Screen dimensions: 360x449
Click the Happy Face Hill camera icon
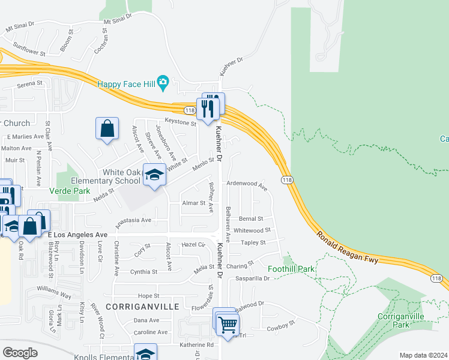click(x=163, y=82)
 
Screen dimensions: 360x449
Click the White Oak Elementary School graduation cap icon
click(x=154, y=175)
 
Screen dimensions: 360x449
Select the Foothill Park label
click(x=291, y=269)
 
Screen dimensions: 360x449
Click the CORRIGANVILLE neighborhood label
click(x=142, y=306)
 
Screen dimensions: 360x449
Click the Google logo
click(x=20, y=352)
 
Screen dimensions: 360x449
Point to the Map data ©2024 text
click(x=423, y=355)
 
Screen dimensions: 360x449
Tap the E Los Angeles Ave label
click(x=77, y=234)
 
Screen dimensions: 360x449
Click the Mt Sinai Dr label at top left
click(x=20, y=28)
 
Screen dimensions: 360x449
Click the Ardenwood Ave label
click(x=247, y=185)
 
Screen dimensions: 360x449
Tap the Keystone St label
click(x=181, y=122)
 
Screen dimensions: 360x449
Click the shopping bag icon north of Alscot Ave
click(x=106, y=128)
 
